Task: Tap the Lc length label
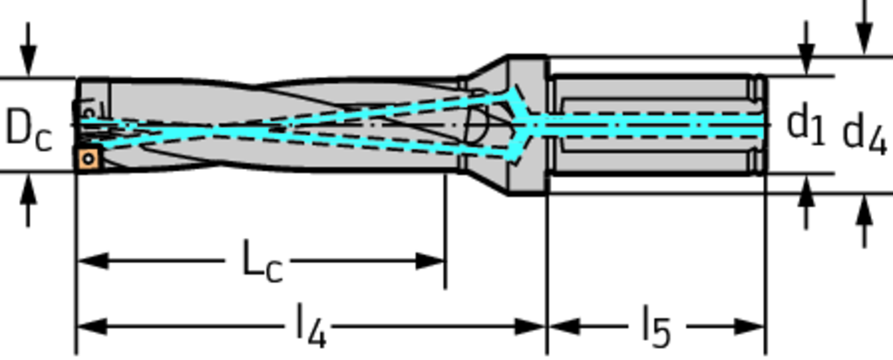pyautogui.click(x=262, y=261)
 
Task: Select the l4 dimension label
pyautogui.click(x=311, y=326)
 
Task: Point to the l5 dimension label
pyautogui.click(x=656, y=326)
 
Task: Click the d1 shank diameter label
pyautogui.click(x=805, y=126)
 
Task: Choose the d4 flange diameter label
pyautogui.click(x=864, y=135)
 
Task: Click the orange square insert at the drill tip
pyautogui.click(x=88, y=159)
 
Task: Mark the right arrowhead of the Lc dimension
pyautogui.click(x=430, y=262)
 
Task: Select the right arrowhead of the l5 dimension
pyautogui.click(x=749, y=327)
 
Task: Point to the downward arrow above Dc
pyautogui.click(x=28, y=49)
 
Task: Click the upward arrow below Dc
pyautogui.click(x=28, y=200)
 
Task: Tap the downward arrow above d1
pyautogui.click(x=805, y=49)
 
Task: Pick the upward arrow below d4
pyautogui.click(x=864, y=221)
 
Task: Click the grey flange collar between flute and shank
pyautogui.click(x=528, y=126)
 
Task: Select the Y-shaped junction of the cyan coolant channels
pyautogui.click(x=527, y=124)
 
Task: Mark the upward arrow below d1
pyautogui.click(x=805, y=202)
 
